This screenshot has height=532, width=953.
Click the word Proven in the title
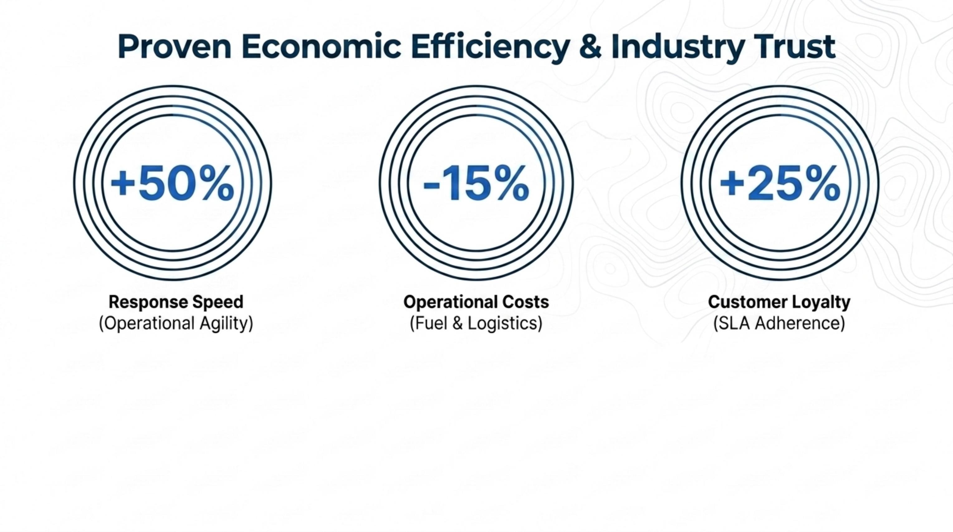pos(175,47)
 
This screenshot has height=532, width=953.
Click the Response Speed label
pos(176,302)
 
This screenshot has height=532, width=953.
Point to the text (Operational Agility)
pos(176,323)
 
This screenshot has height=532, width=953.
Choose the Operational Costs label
pos(477,302)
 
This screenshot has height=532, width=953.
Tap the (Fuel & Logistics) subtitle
pos(477,323)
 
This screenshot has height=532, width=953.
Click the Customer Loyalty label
pos(779,302)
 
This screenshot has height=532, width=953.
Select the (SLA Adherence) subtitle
pos(779,323)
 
